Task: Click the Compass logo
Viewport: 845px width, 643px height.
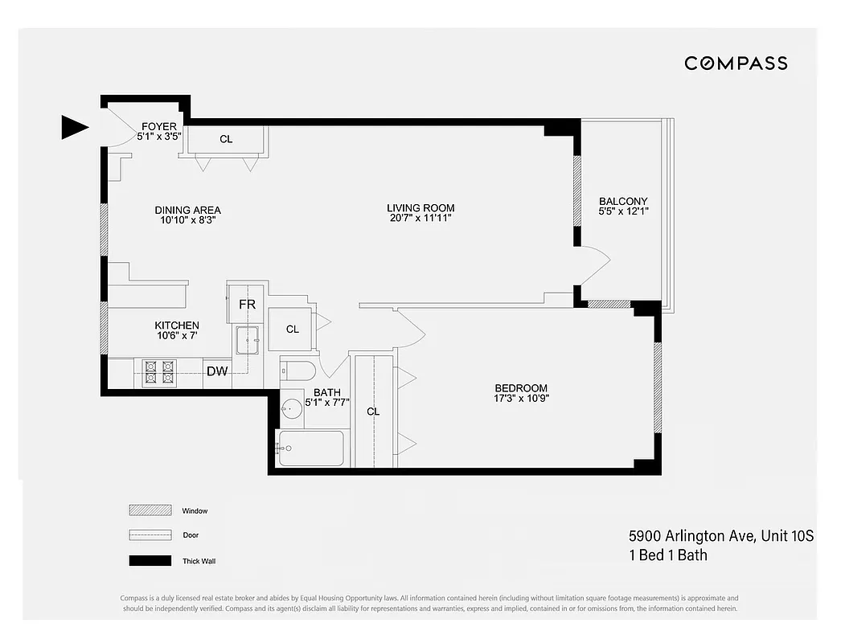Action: pyautogui.click(x=736, y=63)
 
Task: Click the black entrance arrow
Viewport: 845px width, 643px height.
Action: pyautogui.click(x=75, y=126)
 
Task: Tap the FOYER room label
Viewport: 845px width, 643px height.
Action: pyautogui.click(x=159, y=126)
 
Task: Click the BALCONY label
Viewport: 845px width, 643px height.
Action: pyautogui.click(x=623, y=201)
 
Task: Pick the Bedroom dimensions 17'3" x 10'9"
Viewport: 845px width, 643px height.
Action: pyautogui.click(x=521, y=398)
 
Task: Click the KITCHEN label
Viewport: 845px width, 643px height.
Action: pyautogui.click(x=177, y=326)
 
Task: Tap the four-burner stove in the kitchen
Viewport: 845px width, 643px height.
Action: pyautogui.click(x=158, y=372)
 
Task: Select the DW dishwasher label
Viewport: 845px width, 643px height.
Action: pyautogui.click(x=215, y=371)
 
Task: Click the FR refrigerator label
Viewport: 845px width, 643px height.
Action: pyautogui.click(x=247, y=305)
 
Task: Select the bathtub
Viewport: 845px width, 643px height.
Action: pyautogui.click(x=310, y=448)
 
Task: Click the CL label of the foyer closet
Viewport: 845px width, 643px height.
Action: pyautogui.click(x=226, y=139)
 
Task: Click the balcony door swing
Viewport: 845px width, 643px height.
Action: pyautogui.click(x=593, y=264)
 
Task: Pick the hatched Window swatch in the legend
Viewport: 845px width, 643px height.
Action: pyautogui.click(x=150, y=510)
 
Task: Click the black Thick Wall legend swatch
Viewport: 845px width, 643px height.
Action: pyautogui.click(x=150, y=561)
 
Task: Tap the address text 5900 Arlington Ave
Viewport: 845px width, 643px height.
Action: pyautogui.click(x=691, y=536)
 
